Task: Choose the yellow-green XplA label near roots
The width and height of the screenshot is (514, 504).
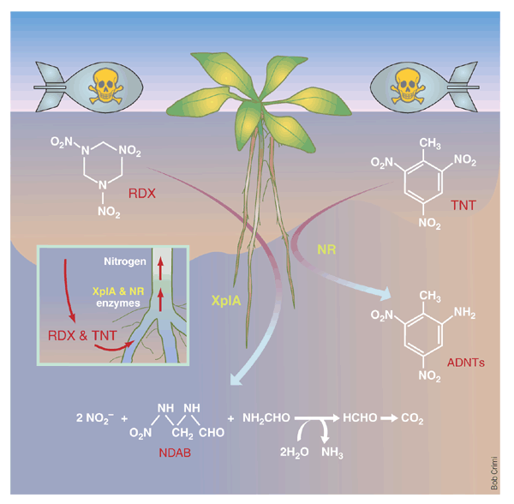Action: [225, 300]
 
